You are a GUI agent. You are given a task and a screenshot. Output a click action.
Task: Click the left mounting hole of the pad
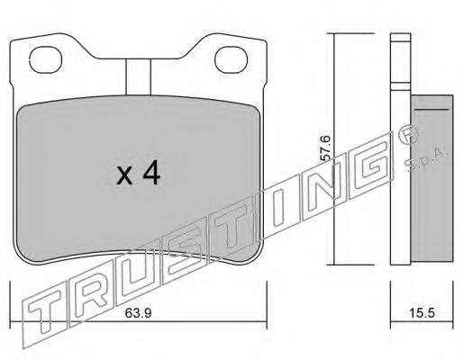click(46, 59)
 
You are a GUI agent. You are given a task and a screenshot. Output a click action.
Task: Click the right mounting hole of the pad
click(231, 59)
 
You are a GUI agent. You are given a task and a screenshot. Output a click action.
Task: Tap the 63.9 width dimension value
click(139, 313)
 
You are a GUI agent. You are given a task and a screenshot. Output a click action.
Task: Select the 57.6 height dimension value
click(326, 148)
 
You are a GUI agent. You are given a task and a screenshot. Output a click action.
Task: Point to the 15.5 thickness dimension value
click(422, 313)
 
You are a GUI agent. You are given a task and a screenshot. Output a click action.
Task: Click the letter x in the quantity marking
click(124, 176)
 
